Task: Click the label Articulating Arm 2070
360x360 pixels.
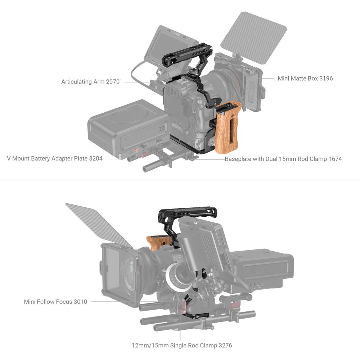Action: click(x=90, y=82)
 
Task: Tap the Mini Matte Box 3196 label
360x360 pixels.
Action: click(x=305, y=78)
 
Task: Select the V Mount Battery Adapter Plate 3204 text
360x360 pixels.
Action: click(x=55, y=158)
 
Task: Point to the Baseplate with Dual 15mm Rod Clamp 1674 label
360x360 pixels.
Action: click(x=283, y=159)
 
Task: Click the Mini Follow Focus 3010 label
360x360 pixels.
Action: click(x=55, y=302)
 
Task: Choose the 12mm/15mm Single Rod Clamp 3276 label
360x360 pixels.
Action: click(x=182, y=345)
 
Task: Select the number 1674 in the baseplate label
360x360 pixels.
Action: click(x=335, y=159)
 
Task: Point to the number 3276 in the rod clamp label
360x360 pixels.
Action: click(x=225, y=345)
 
